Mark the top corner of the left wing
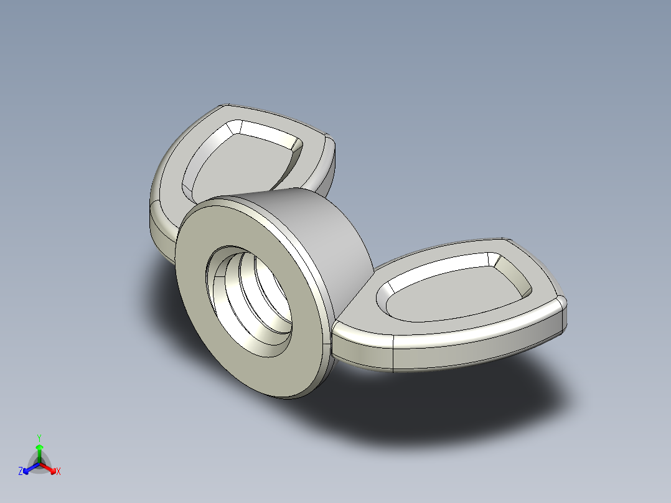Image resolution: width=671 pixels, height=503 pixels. coord(227,106)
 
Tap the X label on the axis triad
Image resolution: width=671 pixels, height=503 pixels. coord(59,472)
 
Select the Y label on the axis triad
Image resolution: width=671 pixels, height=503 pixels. coord(39,438)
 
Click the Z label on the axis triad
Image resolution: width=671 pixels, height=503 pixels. coord(21,472)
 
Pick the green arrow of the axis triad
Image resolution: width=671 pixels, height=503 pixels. coord(39,451)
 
